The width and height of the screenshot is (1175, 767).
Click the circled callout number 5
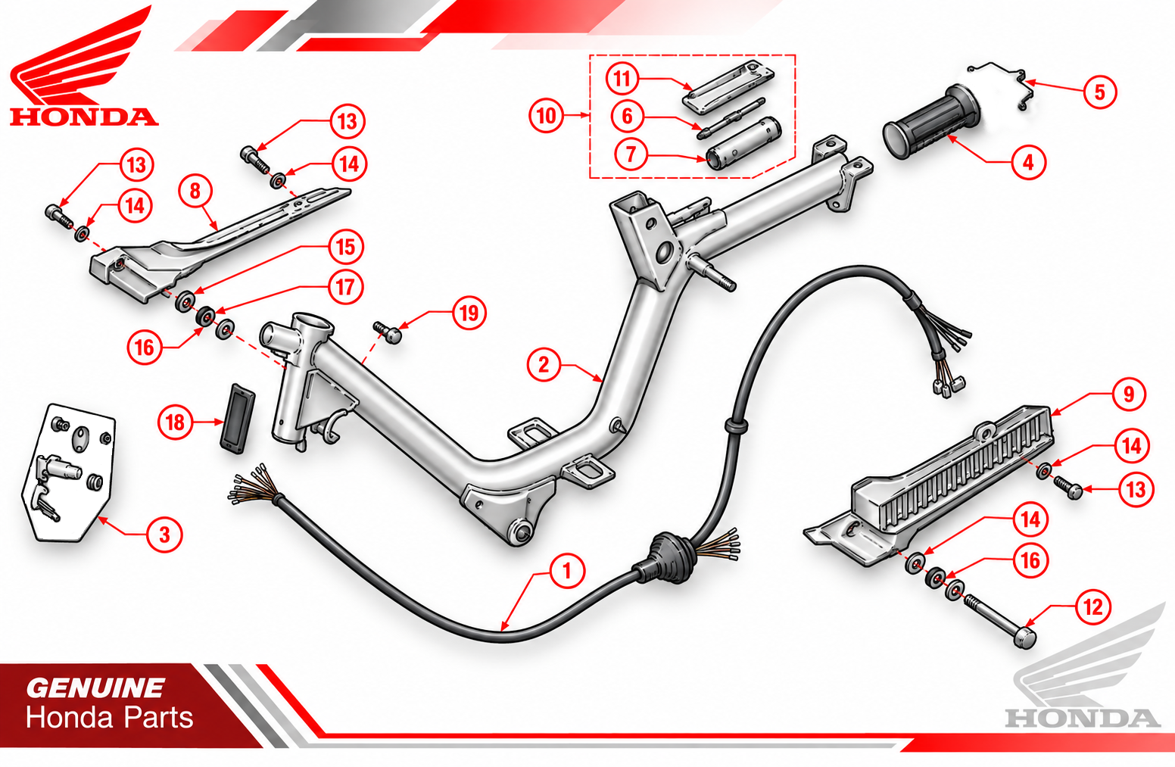1099,92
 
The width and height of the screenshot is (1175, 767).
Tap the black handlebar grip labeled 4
931,121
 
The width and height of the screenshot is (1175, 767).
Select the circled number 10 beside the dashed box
546,115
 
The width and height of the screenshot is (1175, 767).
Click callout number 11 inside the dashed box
622,79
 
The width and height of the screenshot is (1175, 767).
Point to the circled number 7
631,154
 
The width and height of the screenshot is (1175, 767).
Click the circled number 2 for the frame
544,365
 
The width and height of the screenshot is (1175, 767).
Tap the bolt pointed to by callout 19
388,332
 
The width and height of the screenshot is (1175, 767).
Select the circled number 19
469,313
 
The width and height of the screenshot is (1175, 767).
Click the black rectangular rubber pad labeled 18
237,418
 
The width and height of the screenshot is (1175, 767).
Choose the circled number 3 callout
165,535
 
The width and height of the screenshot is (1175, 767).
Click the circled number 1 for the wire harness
566,570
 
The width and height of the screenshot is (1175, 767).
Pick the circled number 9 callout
1129,394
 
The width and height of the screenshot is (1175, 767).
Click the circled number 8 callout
195,191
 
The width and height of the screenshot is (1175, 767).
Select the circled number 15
346,247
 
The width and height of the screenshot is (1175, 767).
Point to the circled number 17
345,287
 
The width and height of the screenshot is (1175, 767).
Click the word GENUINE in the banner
95,688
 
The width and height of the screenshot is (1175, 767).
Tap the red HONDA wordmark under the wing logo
84,117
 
